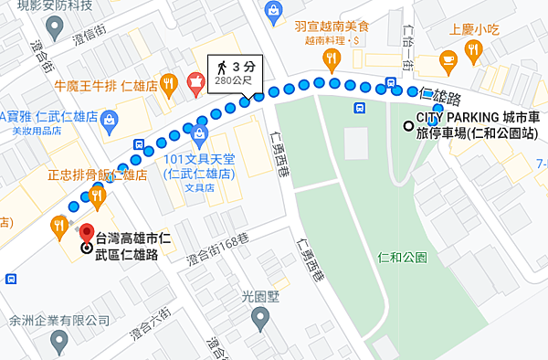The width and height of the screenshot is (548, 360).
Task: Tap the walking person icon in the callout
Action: (x=221, y=66)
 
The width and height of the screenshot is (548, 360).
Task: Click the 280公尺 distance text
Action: (x=233, y=81)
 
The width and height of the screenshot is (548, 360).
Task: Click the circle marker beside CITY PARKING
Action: (x=407, y=126)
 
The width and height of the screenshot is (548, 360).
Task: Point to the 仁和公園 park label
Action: (x=402, y=258)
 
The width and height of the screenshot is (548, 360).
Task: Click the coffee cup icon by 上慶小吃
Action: (x=448, y=60)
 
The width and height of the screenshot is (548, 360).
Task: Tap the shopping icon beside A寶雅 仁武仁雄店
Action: (x=109, y=117)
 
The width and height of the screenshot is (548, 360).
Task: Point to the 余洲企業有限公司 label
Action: (x=58, y=322)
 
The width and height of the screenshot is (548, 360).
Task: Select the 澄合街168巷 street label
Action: (x=217, y=260)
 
